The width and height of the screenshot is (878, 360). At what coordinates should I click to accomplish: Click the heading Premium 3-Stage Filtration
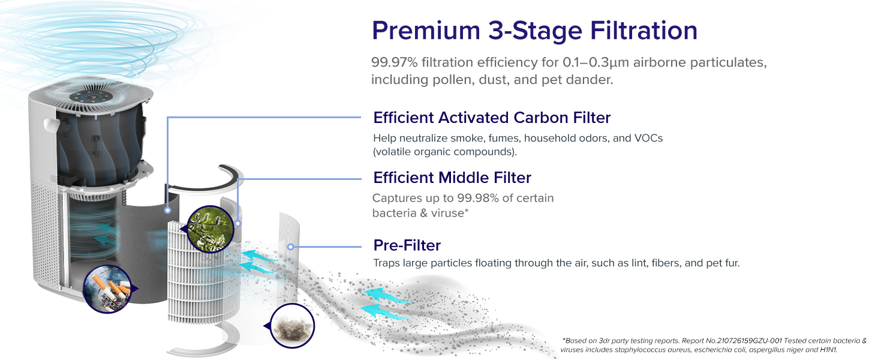pos(534,31)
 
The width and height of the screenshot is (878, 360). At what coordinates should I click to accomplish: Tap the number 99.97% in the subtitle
pos(394,62)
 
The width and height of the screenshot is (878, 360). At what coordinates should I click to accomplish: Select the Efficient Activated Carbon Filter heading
pos(492,118)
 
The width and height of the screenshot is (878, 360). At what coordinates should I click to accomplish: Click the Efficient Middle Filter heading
pos(452,178)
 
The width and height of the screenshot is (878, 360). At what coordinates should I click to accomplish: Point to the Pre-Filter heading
pos(407,245)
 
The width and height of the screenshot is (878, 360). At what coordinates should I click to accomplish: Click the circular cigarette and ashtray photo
pos(107,289)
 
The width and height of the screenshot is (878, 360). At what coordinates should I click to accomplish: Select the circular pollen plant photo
pos(210,229)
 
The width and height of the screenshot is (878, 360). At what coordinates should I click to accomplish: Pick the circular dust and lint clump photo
pos(293,325)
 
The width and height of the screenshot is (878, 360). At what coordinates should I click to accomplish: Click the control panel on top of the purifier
pos(91,97)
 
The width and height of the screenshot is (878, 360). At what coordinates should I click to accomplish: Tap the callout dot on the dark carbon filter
pos(167,210)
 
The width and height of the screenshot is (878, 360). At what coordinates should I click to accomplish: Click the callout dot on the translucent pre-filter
pos(290,247)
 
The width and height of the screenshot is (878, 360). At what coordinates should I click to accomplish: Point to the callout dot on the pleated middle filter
pos(238,224)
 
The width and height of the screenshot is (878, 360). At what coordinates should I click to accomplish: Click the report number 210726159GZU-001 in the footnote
pos(749,341)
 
